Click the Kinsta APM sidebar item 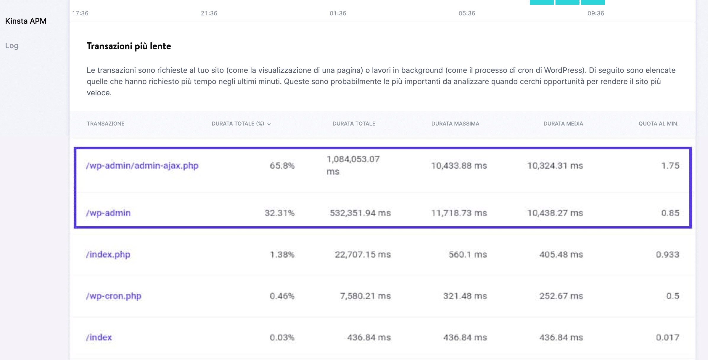(x=26, y=21)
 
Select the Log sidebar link (x=12, y=46)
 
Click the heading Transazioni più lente (x=129, y=46)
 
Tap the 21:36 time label (x=209, y=13)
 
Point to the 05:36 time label (x=467, y=13)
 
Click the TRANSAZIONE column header (x=105, y=124)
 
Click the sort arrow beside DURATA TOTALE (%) (x=269, y=124)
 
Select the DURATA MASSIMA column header (x=455, y=124)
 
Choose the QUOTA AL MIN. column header (x=658, y=124)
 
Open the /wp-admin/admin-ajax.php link (x=142, y=165)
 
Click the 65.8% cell (x=282, y=165)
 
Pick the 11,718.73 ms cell (x=459, y=213)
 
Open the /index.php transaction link (x=108, y=254)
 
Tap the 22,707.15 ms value (x=363, y=254)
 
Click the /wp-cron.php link (x=114, y=296)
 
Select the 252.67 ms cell (x=561, y=296)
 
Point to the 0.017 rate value (x=667, y=337)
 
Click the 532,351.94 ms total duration (x=360, y=213)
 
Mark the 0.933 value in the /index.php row (x=667, y=254)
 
